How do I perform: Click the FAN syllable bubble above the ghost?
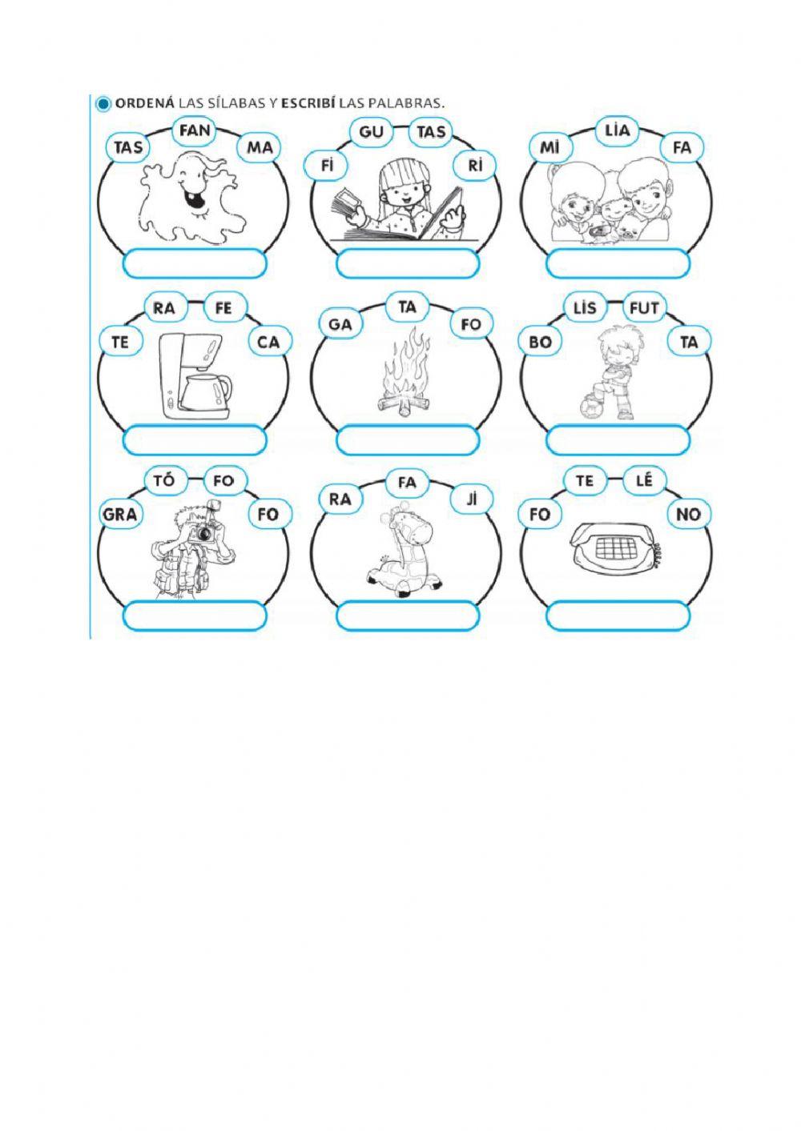tap(195, 130)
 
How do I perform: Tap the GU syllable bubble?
tap(372, 131)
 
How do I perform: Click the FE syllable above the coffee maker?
tap(223, 307)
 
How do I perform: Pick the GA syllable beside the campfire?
tap(340, 324)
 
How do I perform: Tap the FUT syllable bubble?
tap(644, 307)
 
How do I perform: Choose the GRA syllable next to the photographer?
tap(120, 514)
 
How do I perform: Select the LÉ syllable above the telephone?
tap(644, 481)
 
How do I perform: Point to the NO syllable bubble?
tap(688, 514)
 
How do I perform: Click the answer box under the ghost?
tap(195, 263)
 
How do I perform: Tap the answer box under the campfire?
tap(408, 440)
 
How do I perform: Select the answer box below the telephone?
tap(618, 616)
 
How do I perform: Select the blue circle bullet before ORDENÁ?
tap(103, 104)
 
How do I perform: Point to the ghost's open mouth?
tap(192, 197)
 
